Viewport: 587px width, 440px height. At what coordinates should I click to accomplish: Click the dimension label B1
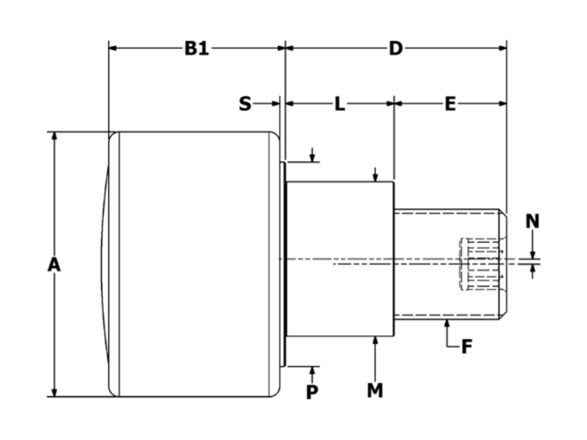(196, 49)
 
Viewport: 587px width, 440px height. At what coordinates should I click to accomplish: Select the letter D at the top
(395, 49)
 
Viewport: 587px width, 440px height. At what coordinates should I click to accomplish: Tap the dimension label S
(245, 104)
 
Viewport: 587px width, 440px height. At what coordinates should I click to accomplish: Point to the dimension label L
(339, 104)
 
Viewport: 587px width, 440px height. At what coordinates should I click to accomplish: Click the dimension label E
(449, 104)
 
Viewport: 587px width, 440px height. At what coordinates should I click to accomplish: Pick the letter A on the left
(54, 265)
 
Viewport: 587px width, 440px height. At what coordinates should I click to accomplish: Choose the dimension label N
(533, 220)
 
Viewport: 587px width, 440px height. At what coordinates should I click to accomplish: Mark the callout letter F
(466, 346)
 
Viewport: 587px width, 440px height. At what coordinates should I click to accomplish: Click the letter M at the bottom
(375, 390)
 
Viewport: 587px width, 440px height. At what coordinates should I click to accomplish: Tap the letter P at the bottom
(313, 390)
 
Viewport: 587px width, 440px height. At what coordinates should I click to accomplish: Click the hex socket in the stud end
(482, 264)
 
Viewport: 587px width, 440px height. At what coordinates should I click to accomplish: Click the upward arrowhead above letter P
(313, 369)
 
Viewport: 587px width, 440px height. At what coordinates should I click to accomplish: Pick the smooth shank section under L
(339, 259)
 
